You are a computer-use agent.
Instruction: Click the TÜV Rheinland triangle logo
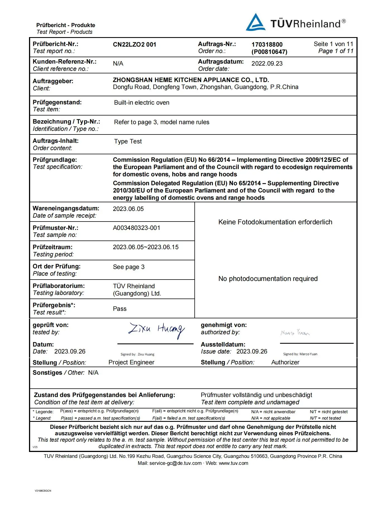click(x=255, y=23)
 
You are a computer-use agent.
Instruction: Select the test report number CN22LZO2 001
click(x=134, y=45)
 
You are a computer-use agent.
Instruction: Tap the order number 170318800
click(x=267, y=45)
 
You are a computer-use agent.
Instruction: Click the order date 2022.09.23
click(x=267, y=64)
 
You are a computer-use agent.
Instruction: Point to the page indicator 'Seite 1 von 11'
click(x=333, y=44)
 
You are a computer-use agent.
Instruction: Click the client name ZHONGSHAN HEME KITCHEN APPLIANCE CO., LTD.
click(x=191, y=80)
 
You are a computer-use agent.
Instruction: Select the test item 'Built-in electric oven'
click(x=142, y=103)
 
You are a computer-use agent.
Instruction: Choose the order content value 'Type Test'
click(x=128, y=141)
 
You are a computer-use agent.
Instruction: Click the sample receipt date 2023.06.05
click(x=128, y=209)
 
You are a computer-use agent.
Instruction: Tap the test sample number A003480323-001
click(x=136, y=228)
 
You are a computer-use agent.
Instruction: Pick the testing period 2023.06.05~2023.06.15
click(x=146, y=247)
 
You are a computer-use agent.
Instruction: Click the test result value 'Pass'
click(x=120, y=309)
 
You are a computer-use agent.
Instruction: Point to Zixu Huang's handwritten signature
click(x=156, y=330)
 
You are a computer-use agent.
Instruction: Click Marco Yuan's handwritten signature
click(x=295, y=333)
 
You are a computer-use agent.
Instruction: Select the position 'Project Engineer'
click(x=131, y=362)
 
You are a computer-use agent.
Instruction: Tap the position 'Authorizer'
click(x=285, y=362)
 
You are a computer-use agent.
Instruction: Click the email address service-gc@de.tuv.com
click(x=175, y=463)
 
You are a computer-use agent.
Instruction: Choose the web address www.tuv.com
click(x=233, y=463)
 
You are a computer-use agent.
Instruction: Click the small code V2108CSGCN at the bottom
click(x=43, y=490)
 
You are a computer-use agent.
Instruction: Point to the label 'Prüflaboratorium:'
click(x=59, y=286)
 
